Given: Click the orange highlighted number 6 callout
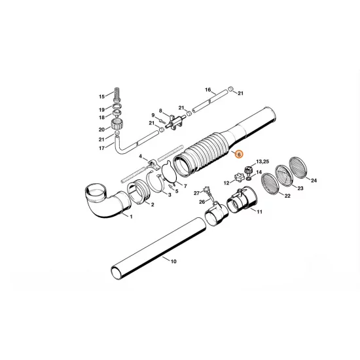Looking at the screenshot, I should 239,154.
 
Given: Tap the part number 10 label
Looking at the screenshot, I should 173,262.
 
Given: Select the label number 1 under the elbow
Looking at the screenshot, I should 130,216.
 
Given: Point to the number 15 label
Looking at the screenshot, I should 101,95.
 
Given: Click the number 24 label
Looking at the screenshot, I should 314,180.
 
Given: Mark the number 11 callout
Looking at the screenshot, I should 259,212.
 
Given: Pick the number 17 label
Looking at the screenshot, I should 101,148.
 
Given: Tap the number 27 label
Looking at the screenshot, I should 196,193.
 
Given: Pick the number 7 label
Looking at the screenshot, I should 185,187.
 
